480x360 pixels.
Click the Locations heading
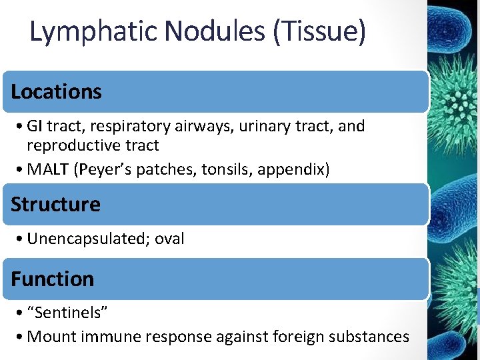pos(56,92)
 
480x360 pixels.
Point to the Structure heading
pos(55,204)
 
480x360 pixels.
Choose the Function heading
pos(53,279)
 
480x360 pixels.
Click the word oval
pos(169,239)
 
